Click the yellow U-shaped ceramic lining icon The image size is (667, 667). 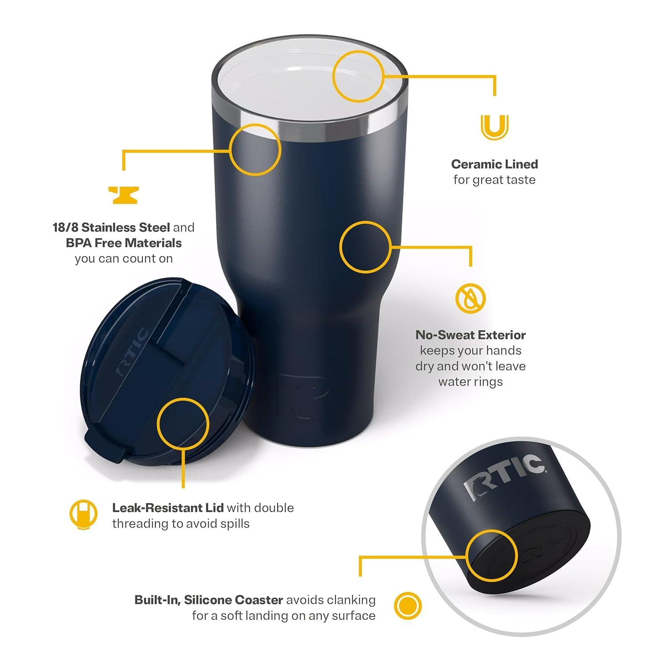494,127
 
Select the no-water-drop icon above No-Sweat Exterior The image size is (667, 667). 470,297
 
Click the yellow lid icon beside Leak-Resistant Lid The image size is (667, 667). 83,514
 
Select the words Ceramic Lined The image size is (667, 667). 494,164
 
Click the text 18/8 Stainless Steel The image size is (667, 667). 111,228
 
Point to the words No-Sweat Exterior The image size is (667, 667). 470,335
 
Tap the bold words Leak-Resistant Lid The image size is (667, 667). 168,508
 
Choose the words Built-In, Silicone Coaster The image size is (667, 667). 209,600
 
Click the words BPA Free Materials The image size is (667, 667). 124,243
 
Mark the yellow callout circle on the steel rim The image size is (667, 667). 256,149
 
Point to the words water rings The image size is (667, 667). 470,382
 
